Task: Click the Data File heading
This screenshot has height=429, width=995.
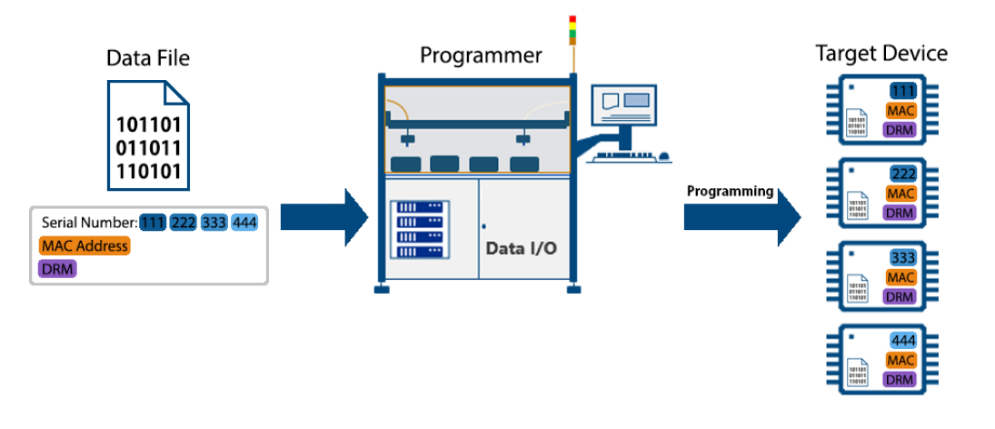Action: tap(148, 59)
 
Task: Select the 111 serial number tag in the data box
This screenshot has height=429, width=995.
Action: tap(153, 223)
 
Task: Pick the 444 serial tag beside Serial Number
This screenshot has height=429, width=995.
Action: tap(244, 223)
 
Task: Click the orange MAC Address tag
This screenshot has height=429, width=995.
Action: tap(85, 245)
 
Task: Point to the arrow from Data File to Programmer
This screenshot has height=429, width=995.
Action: tap(323, 217)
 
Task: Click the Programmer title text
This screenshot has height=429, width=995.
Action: tap(481, 55)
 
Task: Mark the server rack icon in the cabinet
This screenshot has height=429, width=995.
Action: tap(419, 228)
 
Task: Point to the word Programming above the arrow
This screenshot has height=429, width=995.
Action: tap(729, 192)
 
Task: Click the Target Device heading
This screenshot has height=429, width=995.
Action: tap(881, 54)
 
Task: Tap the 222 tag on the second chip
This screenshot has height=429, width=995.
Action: tap(902, 175)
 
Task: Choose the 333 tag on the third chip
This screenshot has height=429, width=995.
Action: tap(902, 257)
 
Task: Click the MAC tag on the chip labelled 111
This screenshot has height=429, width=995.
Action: tap(900, 111)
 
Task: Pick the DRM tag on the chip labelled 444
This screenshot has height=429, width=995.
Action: tap(900, 380)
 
